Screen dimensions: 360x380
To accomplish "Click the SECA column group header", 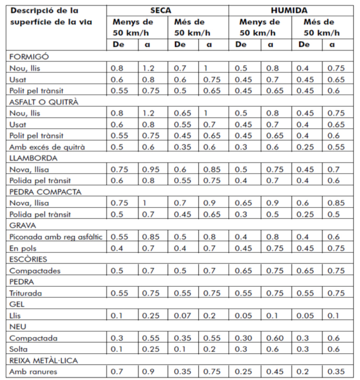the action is point(161,10).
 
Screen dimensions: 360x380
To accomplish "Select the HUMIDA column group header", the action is point(289,10).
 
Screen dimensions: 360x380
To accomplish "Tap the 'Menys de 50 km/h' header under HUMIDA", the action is point(259,27).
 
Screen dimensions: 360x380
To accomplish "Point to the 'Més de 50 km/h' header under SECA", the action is point(192,27).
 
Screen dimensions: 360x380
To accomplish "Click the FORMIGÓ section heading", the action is point(29,56).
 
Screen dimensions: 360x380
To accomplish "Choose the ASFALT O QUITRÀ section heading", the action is point(44,102).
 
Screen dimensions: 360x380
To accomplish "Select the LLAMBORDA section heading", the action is point(33,158).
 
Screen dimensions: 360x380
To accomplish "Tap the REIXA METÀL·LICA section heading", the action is point(44,360).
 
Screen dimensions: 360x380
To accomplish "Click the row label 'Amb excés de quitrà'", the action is point(47,147).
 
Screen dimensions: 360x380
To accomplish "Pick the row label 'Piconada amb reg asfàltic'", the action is point(56,237).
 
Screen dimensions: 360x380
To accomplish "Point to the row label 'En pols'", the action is point(23,248).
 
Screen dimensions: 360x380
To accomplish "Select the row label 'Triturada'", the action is point(26,293).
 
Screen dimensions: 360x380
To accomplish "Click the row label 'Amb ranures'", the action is point(33,372).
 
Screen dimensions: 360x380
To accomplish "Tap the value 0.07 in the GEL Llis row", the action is point(183,315).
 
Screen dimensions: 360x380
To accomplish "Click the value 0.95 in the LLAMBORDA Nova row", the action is point(151,170).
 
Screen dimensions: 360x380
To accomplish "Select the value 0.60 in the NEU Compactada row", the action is point(275,338).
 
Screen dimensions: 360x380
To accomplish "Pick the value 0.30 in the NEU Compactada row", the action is point(244,338).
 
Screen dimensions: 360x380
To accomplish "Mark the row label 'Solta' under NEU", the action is point(18,349).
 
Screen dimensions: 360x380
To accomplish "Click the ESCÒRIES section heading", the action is point(28,259).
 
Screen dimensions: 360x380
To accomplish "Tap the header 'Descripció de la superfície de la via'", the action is point(51,16).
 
